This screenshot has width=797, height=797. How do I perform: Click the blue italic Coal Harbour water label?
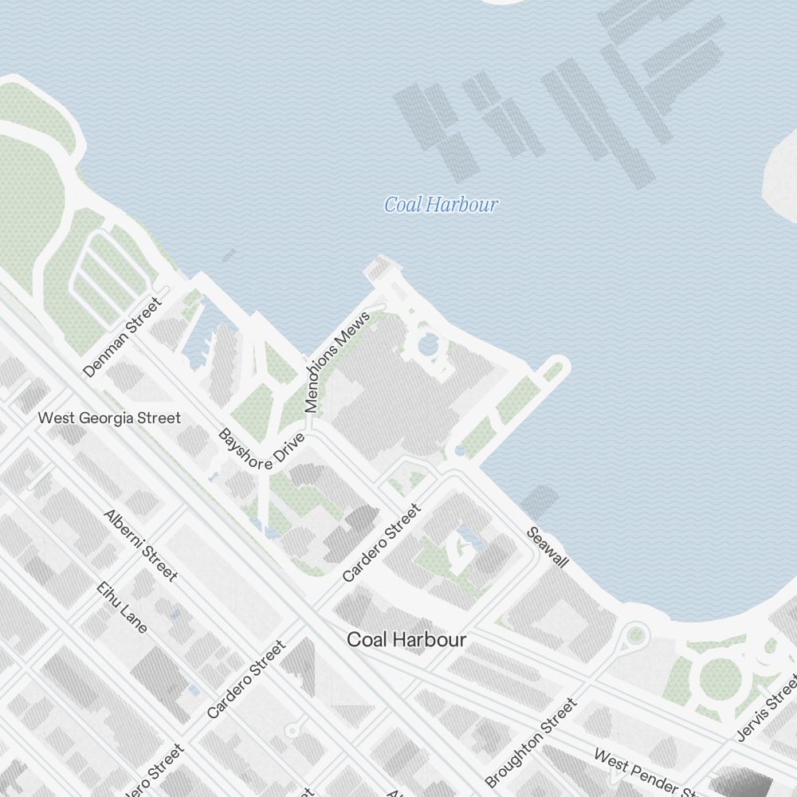pyautogui.click(x=441, y=205)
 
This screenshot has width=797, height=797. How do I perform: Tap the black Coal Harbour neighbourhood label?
pyautogui.click(x=406, y=639)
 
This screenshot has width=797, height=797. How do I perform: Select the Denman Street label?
pyautogui.click(x=122, y=337)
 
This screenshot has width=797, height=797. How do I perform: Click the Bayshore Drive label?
pyautogui.click(x=261, y=450)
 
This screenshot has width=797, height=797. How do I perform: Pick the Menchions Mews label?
pyautogui.click(x=338, y=363)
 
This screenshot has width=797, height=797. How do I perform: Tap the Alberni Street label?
pyautogui.click(x=140, y=544)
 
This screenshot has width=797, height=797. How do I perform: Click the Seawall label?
pyautogui.click(x=547, y=548)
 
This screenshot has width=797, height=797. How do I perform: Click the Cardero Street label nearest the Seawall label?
pyautogui.click(x=380, y=543)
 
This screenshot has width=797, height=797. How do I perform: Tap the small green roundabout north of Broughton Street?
pyautogui.click(x=635, y=635)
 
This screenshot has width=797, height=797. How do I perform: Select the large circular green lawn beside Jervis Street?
pyautogui.click(x=720, y=679)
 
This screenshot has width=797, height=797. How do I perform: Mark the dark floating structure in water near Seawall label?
pyautogui.click(x=540, y=501)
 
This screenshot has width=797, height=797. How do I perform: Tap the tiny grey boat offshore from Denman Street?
pyautogui.click(x=229, y=256)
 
